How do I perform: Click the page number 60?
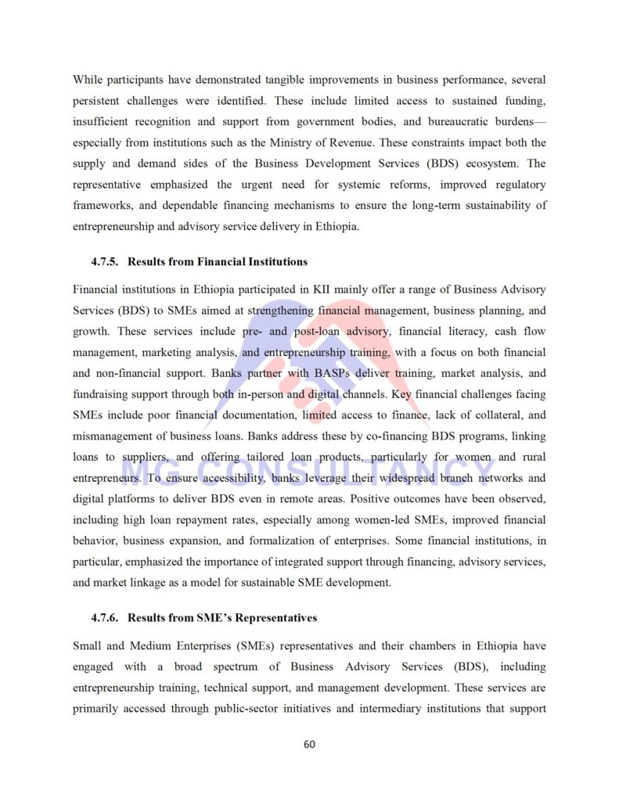pyautogui.click(x=309, y=744)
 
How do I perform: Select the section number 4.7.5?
pyautogui.click(x=105, y=261)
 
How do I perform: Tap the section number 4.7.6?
pyautogui.click(x=105, y=618)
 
